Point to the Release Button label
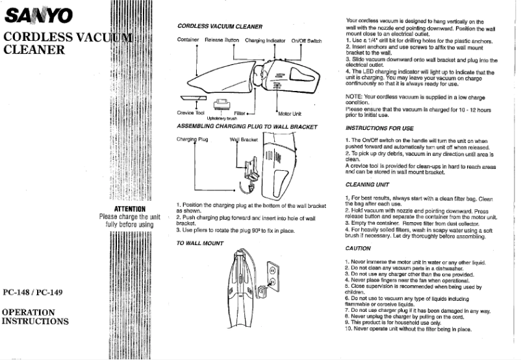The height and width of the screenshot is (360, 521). [x=222, y=40]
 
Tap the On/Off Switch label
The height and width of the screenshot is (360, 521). [x=306, y=40]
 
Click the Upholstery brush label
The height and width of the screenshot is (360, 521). [x=221, y=118]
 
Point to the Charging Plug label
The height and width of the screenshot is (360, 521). [x=192, y=139]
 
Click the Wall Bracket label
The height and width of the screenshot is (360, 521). [x=244, y=139]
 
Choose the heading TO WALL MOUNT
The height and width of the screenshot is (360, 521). [x=201, y=243]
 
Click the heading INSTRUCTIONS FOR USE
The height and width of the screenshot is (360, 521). [x=380, y=128]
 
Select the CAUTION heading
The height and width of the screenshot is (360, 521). [x=359, y=248]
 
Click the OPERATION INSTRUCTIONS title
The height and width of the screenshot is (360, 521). [x=36, y=316]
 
